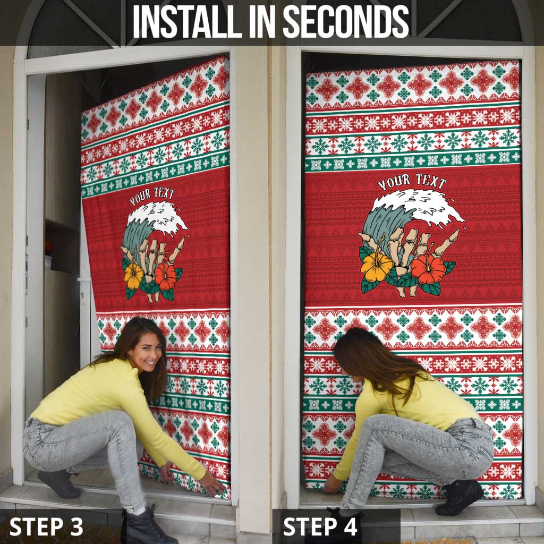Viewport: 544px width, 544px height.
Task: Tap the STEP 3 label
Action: [46, 526]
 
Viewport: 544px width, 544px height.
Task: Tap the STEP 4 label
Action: [321, 526]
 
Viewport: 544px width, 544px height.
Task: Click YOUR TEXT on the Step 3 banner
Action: [152, 196]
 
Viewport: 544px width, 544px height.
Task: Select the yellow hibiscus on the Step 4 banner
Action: [376, 267]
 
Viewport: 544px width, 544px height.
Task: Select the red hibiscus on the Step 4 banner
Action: [428, 269]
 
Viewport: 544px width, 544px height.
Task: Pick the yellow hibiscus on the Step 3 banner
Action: [133, 276]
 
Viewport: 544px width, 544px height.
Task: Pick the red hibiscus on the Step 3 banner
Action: [165, 276]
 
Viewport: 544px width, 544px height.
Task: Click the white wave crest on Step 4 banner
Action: [420, 205]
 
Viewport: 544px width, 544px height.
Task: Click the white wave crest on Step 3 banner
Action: [159, 215]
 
